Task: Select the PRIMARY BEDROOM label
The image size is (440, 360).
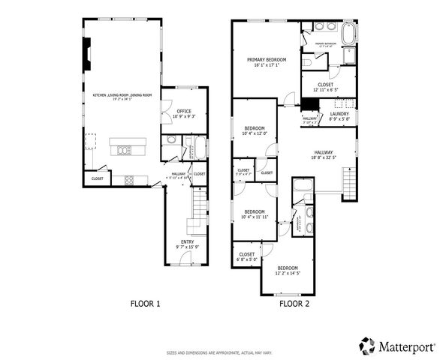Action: (264, 59)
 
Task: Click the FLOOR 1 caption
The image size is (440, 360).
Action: (146, 304)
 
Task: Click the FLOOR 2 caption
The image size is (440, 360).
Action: (294, 304)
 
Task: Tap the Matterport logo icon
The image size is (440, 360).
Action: (367, 346)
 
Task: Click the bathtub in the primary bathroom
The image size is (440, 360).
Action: (350, 34)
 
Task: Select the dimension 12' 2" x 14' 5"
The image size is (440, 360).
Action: (288, 274)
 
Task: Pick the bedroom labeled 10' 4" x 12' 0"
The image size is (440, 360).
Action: (255, 132)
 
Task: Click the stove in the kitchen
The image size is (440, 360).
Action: (129, 179)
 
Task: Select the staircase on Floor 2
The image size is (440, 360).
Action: (349, 184)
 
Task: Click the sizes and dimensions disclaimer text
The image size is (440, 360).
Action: (220, 352)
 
